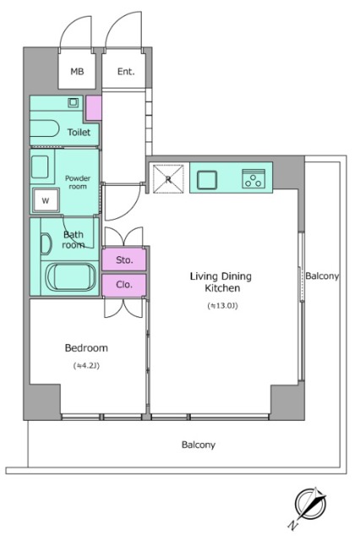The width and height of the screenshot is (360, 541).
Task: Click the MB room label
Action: click(77, 71)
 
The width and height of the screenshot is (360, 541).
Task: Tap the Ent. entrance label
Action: click(126, 71)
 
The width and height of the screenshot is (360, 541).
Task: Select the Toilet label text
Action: click(79, 132)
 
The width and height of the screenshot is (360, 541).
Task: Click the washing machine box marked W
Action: click(46, 200)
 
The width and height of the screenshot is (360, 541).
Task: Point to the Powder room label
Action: click(78, 183)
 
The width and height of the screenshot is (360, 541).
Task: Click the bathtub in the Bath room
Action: click(71, 277)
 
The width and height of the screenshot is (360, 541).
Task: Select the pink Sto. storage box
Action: click(124, 260)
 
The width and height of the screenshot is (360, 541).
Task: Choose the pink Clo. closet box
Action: click(124, 285)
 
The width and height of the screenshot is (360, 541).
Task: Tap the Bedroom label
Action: click(86, 347)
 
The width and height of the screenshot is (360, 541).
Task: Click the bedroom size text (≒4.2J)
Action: click(86, 366)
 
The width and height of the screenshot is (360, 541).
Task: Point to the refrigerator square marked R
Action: click(168, 178)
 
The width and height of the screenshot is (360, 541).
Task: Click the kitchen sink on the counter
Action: click(207, 180)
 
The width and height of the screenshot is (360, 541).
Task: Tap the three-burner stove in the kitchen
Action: click(254, 178)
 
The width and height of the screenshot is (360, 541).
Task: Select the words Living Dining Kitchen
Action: click(221, 281)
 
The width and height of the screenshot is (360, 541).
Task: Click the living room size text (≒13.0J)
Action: click(223, 306)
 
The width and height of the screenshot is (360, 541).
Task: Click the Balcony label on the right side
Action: click(322, 276)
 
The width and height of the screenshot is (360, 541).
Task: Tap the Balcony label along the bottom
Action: click(199, 445)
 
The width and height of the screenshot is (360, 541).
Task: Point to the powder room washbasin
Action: click(40, 167)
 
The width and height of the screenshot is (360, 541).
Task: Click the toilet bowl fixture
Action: click(45, 128)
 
